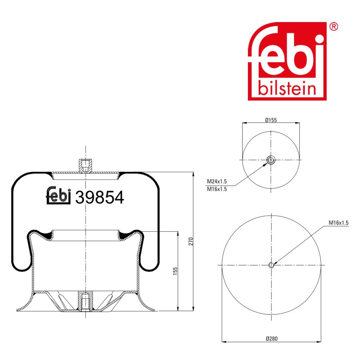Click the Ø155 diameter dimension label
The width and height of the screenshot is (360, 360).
271,120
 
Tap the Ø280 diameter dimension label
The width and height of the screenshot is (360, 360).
272,338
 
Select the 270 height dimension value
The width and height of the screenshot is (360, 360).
191,241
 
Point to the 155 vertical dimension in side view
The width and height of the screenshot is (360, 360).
175,271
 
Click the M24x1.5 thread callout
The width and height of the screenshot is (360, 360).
217,181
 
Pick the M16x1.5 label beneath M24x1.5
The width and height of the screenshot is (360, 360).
217,189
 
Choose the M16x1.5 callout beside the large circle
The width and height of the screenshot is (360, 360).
338,222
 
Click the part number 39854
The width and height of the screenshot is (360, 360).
99,197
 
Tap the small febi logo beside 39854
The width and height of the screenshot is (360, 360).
58,195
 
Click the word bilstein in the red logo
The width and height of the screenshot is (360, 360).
287,88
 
